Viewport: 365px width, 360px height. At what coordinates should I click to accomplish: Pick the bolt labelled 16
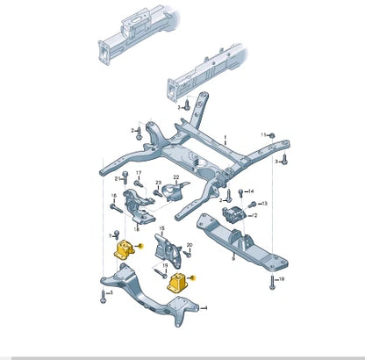114,207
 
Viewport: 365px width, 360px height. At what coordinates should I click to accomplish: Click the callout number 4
206,308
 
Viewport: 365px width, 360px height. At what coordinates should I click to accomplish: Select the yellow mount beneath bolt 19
180,284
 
